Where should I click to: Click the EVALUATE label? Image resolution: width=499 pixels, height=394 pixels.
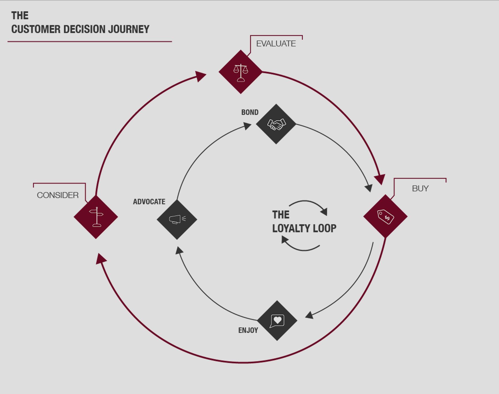[276, 43]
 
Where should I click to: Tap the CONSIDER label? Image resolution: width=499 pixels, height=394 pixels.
[58, 195]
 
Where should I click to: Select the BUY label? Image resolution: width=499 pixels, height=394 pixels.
[420, 188]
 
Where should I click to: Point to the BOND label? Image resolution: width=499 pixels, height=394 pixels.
[250, 112]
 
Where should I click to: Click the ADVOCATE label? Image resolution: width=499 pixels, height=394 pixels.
[149, 202]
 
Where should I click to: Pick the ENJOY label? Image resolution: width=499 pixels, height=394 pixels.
[248, 330]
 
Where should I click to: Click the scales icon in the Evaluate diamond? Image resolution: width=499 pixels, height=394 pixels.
[241, 73]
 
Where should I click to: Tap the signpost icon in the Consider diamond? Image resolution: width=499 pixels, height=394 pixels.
[96, 217]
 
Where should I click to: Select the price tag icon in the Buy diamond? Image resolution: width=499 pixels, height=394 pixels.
[385, 217]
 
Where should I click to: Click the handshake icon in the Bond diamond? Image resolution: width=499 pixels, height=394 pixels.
[276, 124]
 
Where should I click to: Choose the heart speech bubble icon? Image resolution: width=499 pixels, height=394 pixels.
[277, 321]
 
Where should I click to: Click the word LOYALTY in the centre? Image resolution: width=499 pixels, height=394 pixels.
[291, 228]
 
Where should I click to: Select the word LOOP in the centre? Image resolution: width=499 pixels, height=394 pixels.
[325, 228]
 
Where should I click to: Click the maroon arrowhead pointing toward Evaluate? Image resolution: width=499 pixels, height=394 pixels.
[200, 76]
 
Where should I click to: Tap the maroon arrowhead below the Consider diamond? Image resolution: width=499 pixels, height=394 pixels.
[101, 259]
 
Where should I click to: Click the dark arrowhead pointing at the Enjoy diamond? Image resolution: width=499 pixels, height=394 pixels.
[309, 315]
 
